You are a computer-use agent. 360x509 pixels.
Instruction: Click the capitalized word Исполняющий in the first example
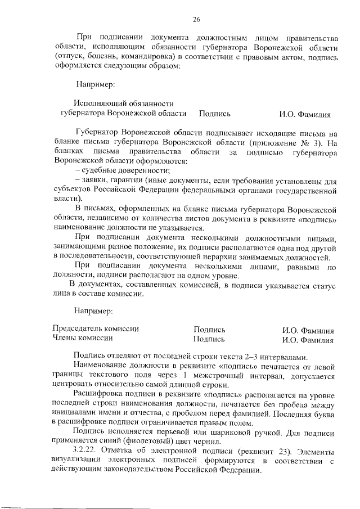coord(97,103)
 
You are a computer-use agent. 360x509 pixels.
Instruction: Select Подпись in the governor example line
coord(215,114)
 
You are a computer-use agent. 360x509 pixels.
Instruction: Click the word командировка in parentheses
coord(153,57)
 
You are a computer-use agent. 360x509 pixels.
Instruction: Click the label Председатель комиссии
coord(95,329)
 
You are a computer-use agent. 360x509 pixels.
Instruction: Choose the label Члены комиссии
coord(82,339)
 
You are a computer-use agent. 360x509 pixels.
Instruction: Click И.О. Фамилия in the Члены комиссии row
coord(308,339)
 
